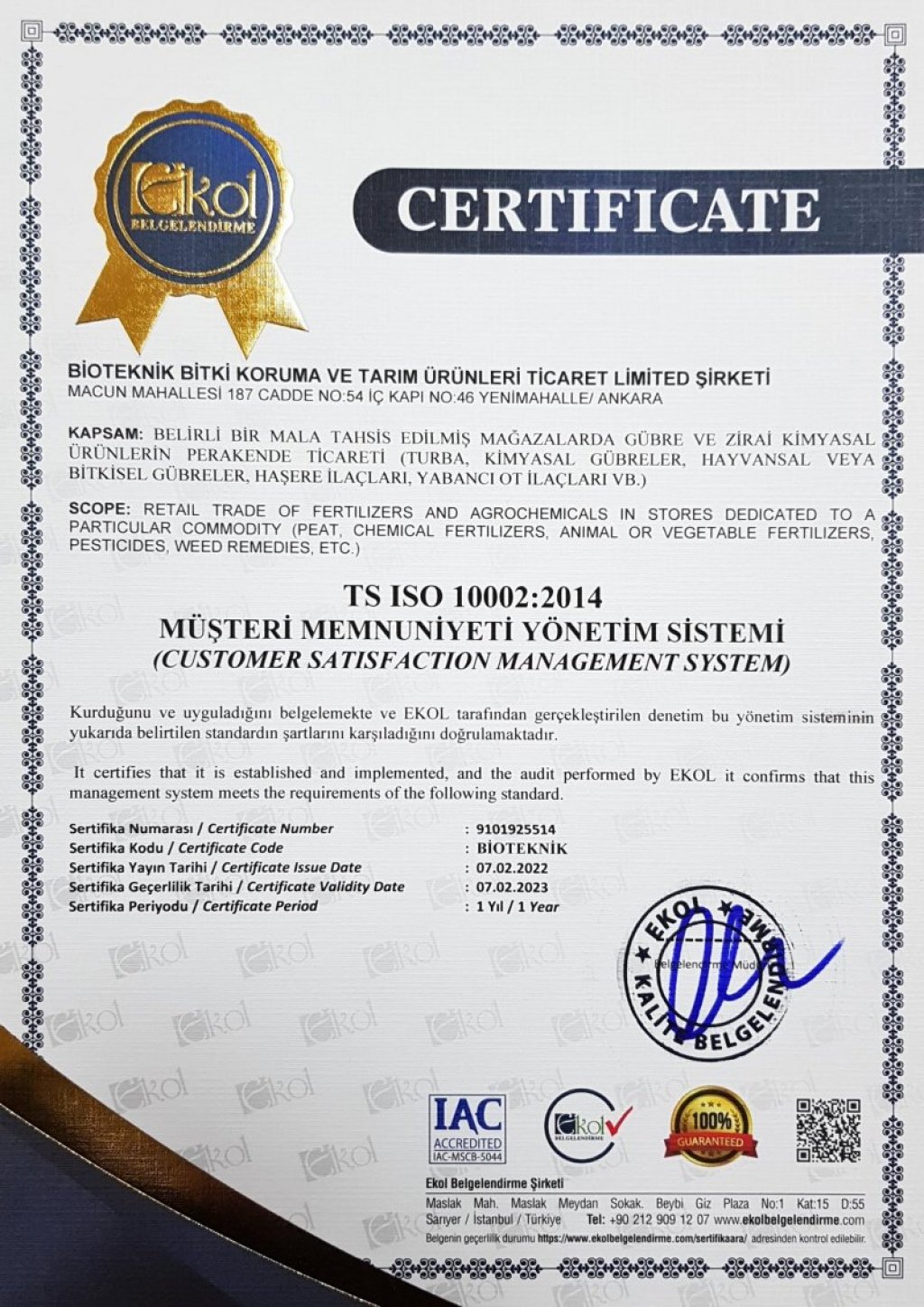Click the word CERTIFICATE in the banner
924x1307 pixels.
[608, 209]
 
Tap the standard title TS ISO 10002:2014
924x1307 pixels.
[471, 597]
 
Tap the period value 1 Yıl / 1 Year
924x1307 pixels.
[517, 906]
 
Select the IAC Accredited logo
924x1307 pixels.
[467, 1128]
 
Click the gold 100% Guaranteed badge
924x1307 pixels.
[711, 1125]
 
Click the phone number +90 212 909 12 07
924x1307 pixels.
[644, 1219]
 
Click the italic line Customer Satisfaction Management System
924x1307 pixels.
[471, 662]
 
